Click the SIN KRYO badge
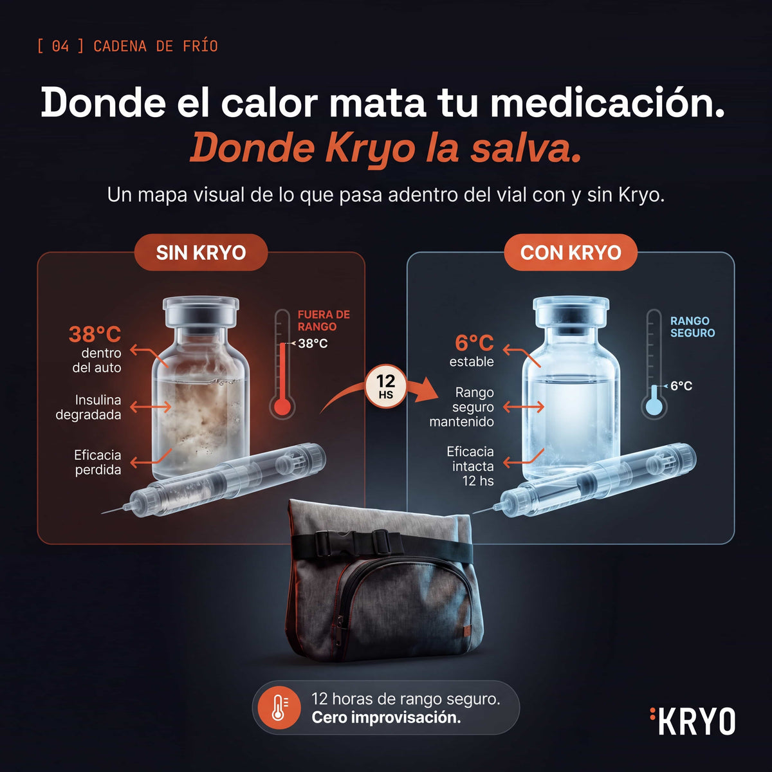[x=201, y=252]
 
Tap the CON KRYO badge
[x=571, y=252]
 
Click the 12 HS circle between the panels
[x=385, y=386]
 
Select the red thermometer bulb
[x=282, y=408]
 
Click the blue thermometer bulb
[x=654, y=408]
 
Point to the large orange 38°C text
[x=95, y=334]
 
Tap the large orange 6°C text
[x=474, y=343]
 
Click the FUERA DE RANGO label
[x=324, y=320]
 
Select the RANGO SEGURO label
[x=693, y=327]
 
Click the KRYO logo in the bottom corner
[x=693, y=721]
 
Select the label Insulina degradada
[x=89, y=407]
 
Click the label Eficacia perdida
[x=98, y=463]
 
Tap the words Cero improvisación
[x=386, y=717]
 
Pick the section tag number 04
[x=60, y=46]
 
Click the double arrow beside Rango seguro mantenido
[x=524, y=407]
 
